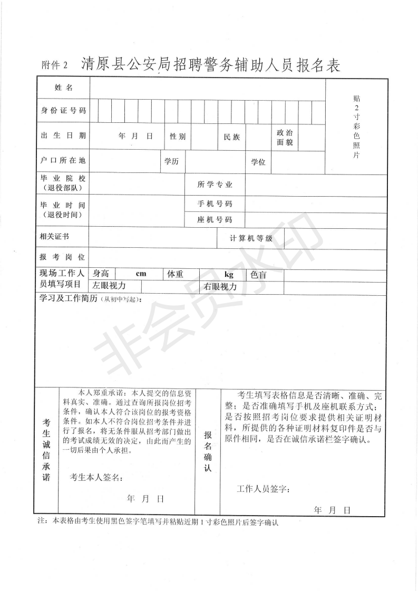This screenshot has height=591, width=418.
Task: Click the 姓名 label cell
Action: (x=63, y=87)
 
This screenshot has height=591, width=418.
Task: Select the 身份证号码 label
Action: (x=63, y=111)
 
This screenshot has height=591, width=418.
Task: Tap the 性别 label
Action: (x=177, y=137)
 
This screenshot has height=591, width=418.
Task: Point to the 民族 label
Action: (x=232, y=137)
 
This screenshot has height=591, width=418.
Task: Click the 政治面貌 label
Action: (x=285, y=137)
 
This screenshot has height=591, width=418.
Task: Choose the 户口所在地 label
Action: (x=63, y=160)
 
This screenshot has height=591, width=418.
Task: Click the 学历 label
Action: (x=171, y=161)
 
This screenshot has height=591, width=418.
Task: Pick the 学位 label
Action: (x=258, y=162)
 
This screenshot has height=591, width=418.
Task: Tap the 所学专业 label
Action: (x=215, y=185)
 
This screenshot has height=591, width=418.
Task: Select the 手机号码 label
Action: (x=215, y=204)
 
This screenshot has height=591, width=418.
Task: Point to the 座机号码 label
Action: (x=215, y=219)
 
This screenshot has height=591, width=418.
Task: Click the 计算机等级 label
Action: (x=251, y=238)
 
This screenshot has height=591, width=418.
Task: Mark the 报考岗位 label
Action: (x=62, y=257)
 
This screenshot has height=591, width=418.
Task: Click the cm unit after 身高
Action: (x=141, y=274)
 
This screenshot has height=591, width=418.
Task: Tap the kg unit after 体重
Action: (x=229, y=274)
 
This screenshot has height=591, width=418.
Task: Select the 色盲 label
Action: (x=258, y=274)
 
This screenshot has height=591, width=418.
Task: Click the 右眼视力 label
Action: (x=220, y=287)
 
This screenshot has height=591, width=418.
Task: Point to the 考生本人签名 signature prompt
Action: (x=96, y=478)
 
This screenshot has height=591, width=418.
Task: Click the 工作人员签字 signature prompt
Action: (x=264, y=489)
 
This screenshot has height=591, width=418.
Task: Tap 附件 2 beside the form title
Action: (x=55, y=65)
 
